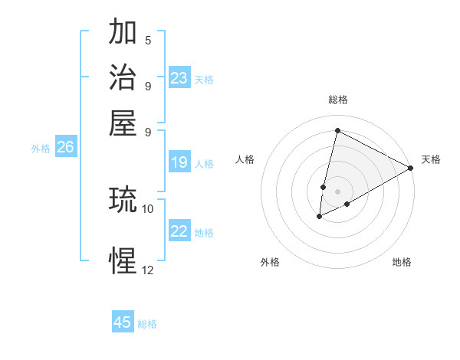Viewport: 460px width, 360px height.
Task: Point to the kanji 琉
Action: [x=123, y=201]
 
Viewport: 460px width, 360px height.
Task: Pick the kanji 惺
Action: [x=123, y=260]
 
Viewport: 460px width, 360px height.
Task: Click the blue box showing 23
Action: [x=179, y=78]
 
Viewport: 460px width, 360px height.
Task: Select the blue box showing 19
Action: [x=179, y=162]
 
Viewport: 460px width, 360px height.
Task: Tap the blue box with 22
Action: [x=179, y=232]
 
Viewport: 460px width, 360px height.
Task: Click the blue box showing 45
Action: [x=123, y=322]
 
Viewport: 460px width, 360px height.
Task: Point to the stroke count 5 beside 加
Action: [x=147, y=40]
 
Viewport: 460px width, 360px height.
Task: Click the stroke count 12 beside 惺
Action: [x=147, y=269]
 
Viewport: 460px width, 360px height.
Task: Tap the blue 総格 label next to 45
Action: [x=147, y=324]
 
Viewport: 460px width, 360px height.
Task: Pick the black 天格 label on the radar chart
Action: [x=431, y=159]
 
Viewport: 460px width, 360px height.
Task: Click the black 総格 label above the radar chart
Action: [x=337, y=100]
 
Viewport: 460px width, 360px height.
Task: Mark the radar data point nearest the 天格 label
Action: [x=411, y=169]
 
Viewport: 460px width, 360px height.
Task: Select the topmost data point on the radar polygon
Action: [x=337, y=130]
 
